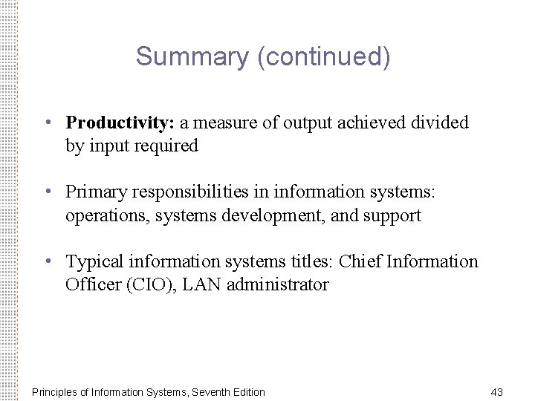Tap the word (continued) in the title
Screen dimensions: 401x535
click(323, 56)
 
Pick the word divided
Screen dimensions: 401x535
click(441, 122)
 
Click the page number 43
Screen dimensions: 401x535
click(497, 391)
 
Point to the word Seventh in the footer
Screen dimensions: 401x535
click(210, 392)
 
